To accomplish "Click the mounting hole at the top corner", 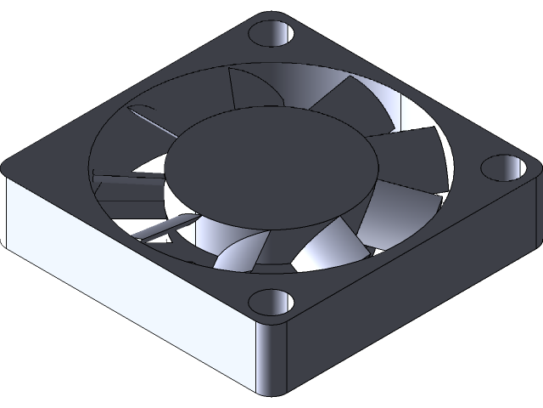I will (272, 35).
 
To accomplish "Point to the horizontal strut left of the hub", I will (127, 178).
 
